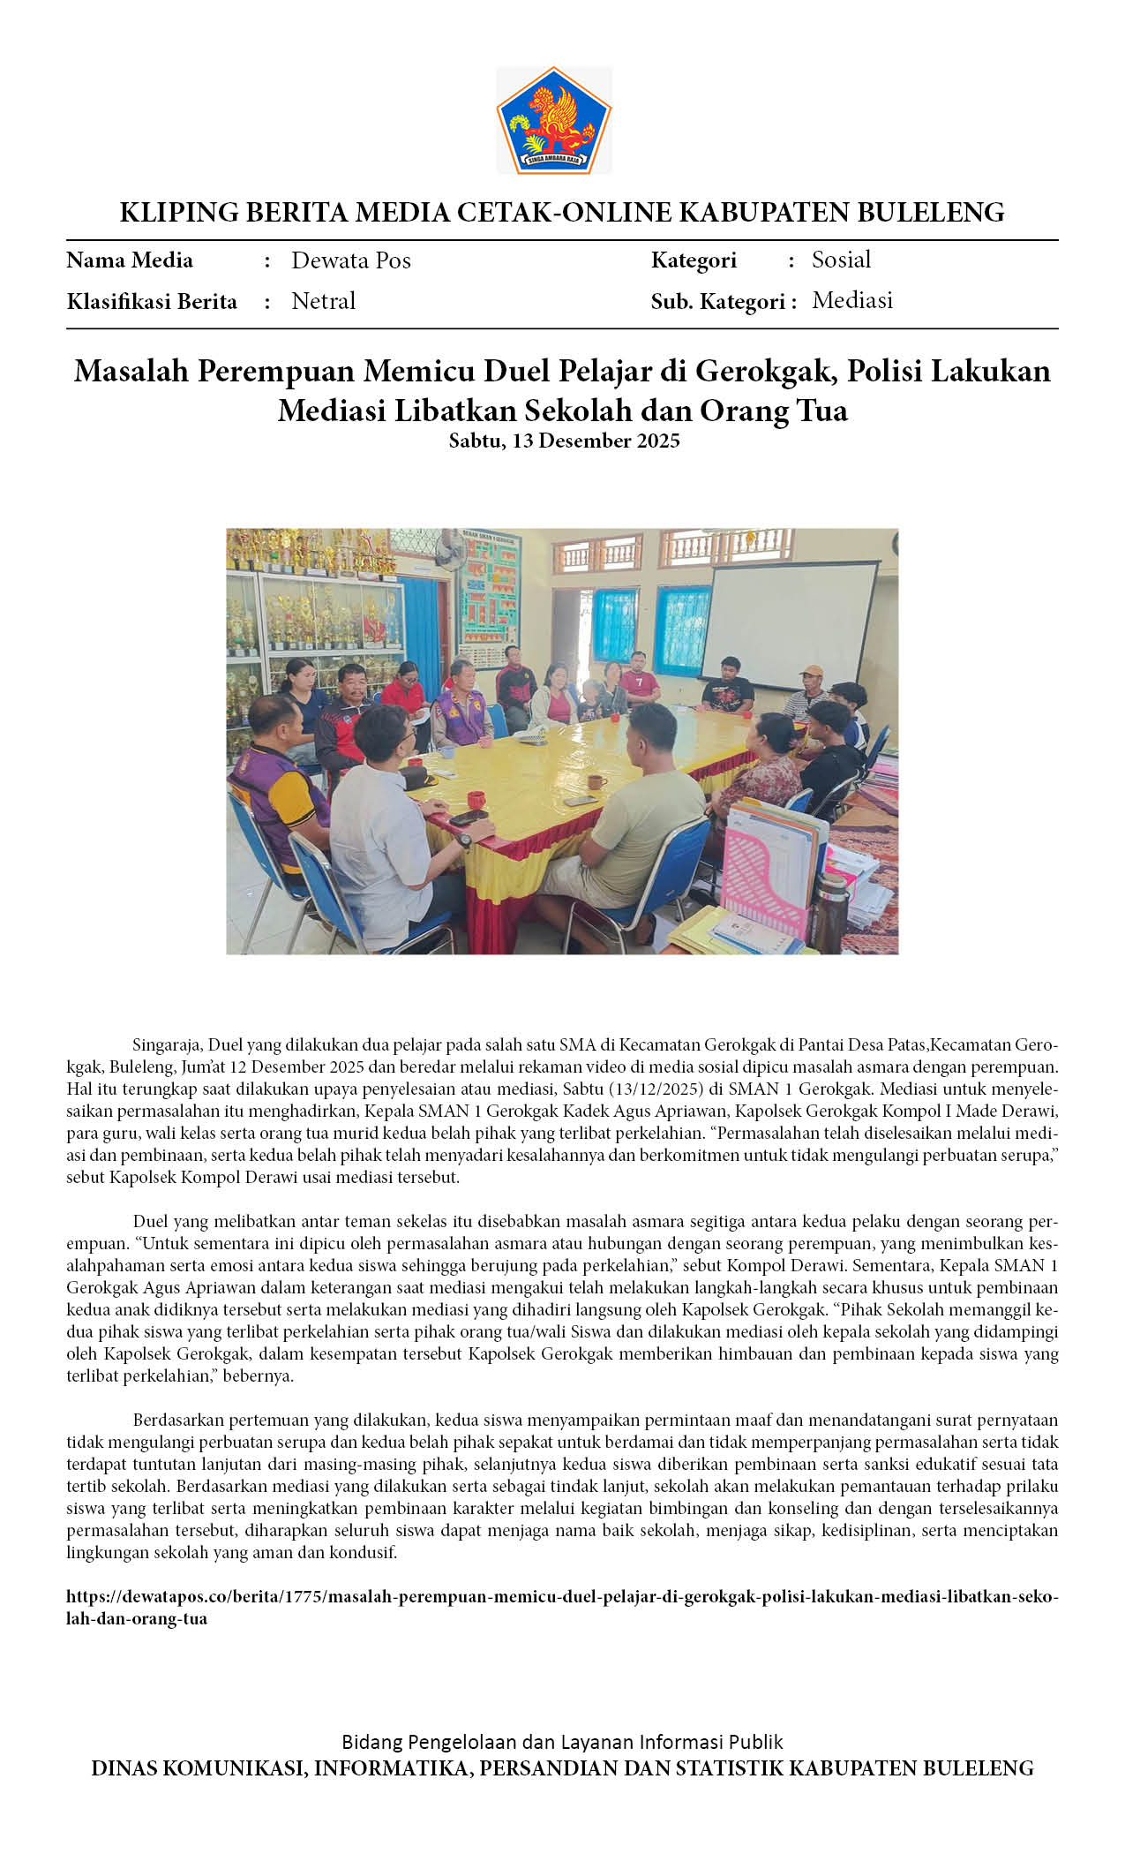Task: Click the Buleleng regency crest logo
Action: [x=553, y=120]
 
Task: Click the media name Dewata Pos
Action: [x=350, y=260]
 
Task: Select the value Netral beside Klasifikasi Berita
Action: [x=323, y=301]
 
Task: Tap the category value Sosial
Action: [x=841, y=260]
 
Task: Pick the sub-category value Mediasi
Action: [x=851, y=300]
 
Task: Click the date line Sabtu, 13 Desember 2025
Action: [x=563, y=441]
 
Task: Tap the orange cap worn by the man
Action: [x=811, y=672]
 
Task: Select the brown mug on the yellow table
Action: [x=596, y=782]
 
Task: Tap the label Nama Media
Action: [x=130, y=260]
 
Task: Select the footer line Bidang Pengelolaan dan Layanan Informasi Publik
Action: [x=562, y=1742]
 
